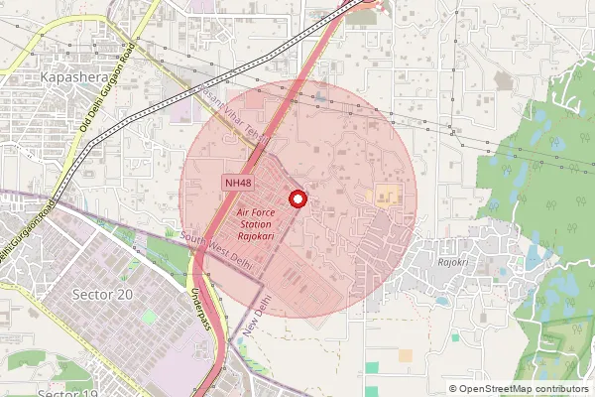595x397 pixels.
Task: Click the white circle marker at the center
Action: pos(297,198)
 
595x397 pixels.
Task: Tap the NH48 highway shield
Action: pos(237,183)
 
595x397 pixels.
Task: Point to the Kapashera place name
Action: pos(73,75)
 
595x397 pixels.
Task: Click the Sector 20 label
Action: pos(103,295)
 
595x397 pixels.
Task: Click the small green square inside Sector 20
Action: pos(149,317)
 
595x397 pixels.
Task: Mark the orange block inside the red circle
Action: pos(386,196)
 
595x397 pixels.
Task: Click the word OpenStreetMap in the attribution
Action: pos(499,389)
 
